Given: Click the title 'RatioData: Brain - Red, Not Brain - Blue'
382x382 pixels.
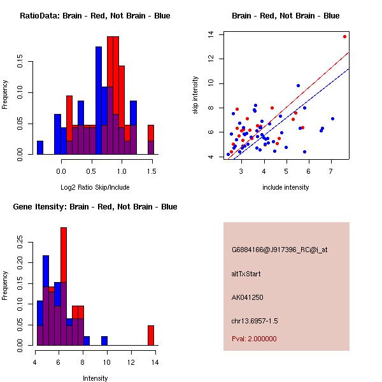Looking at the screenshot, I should click(x=95, y=15).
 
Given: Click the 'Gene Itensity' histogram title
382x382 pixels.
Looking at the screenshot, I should click(x=95, y=206).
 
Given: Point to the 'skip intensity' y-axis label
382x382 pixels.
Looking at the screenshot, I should click(x=196, y=95).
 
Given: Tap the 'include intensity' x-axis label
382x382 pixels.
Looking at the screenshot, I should click(x=286, y=187).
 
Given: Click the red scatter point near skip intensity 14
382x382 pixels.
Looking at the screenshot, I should click(x=344, y=36).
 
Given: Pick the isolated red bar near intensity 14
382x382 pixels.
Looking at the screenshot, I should click(x=151, y=335).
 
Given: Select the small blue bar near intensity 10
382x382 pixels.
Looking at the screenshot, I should click(x=104, y=341).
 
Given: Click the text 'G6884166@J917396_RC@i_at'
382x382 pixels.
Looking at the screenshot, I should click(x=279, y=251).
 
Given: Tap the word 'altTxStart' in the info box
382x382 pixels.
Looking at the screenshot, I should click(x=246, y=274).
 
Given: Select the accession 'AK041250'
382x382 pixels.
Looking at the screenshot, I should click(x=248, y=297).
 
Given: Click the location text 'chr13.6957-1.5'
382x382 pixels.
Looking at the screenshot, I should click(x=255, y=320).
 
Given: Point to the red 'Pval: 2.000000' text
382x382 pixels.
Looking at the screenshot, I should click(x=254, y=339).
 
